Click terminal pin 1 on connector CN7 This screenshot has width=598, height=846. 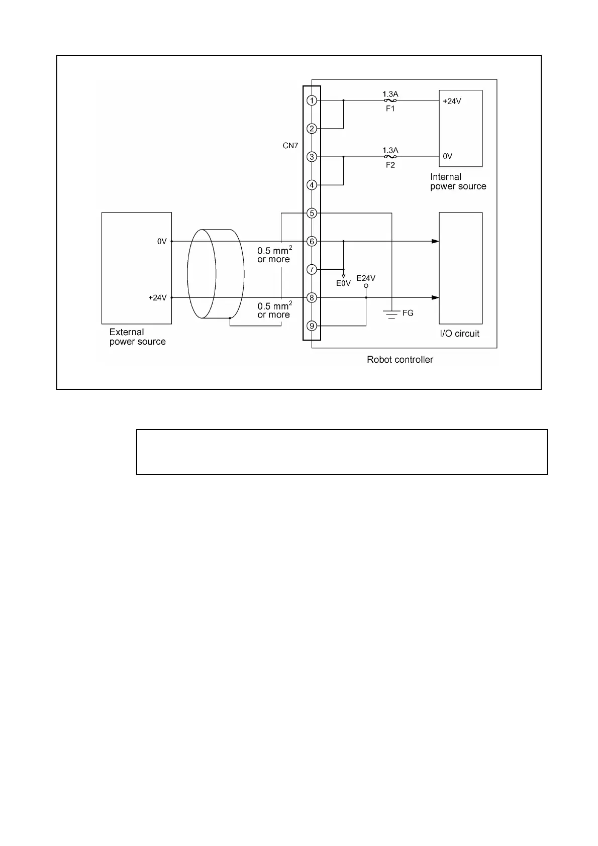click(x=312, y=100)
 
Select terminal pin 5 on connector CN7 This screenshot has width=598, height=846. click(x=312, y=214)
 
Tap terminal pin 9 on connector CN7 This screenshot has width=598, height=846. click(x=312, y=326)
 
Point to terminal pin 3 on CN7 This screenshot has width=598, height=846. click(x=312, y=157)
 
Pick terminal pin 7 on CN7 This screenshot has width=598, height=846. click(x=312, y=270)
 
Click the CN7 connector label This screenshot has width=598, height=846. click(x=290, y=146)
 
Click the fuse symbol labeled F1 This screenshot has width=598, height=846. click(x=390, y=100)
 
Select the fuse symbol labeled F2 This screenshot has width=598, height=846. click(x=390, y=157)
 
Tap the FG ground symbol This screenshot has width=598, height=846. click(x=391, y=314)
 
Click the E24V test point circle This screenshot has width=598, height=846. click(x=366, y=286)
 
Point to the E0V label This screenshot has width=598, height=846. click(x=343, y=283)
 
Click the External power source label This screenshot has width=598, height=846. click(x=137, y=337)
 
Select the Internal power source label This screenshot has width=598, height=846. click(x=458, y=181)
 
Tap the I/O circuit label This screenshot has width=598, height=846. click(x=459, y=334)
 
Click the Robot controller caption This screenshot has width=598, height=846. click(x=400, y=360)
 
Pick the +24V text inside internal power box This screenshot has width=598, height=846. click(x=452, y=101)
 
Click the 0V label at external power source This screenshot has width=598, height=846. click(x=161, y=242)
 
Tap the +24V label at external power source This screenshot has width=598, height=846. click(x=157, y=298)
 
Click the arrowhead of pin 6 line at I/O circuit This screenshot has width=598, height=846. click(x=435, y=242)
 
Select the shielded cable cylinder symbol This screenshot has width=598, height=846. click(x=216, y=274)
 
